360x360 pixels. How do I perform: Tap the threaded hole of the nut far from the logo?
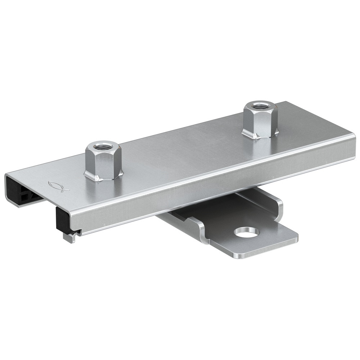pos(258,105)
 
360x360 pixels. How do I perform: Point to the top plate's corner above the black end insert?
pos(8,176)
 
